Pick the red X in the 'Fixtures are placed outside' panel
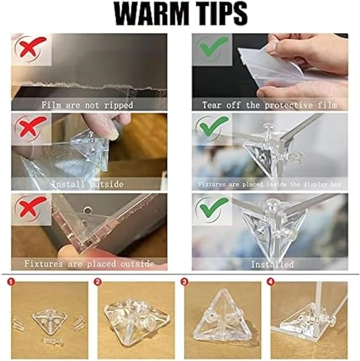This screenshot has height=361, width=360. (x=27, y=210)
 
